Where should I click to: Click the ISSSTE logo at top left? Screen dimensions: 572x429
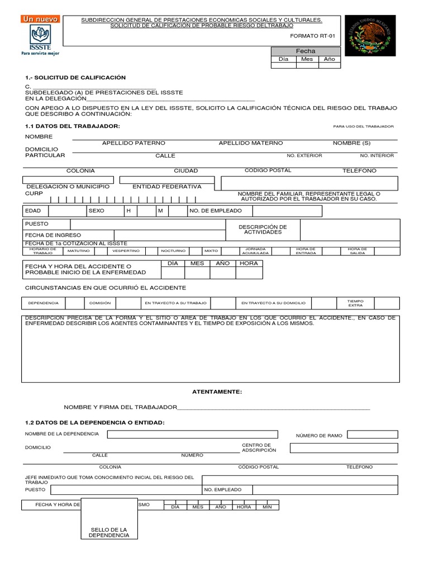click(40, 36)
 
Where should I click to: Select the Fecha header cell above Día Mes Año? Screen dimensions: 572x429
click(306, 51)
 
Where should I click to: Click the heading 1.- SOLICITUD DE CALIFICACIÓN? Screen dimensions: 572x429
click(75, 78)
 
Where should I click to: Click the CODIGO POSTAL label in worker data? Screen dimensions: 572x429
click(268, 170)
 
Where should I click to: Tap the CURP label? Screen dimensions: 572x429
click(34, 193)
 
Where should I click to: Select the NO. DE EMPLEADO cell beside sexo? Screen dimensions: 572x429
click(216, 211)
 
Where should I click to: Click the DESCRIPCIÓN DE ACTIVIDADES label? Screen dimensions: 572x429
click(263, 230)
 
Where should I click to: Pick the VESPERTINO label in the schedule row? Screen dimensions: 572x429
click(126, 251)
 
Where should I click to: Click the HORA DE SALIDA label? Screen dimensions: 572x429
click(357, 251)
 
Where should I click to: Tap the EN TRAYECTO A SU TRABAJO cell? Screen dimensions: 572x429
click(175, 303)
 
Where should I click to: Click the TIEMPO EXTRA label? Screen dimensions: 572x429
click(355, 303)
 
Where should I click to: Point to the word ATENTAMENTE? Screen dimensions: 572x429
click(217, 392)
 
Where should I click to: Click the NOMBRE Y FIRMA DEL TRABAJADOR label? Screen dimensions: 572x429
click(120, 408)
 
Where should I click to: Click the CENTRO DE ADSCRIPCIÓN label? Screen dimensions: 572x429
click(259, 447)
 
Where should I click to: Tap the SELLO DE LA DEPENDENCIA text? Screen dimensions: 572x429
click(109, 532)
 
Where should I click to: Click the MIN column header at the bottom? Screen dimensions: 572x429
click(267, 507)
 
